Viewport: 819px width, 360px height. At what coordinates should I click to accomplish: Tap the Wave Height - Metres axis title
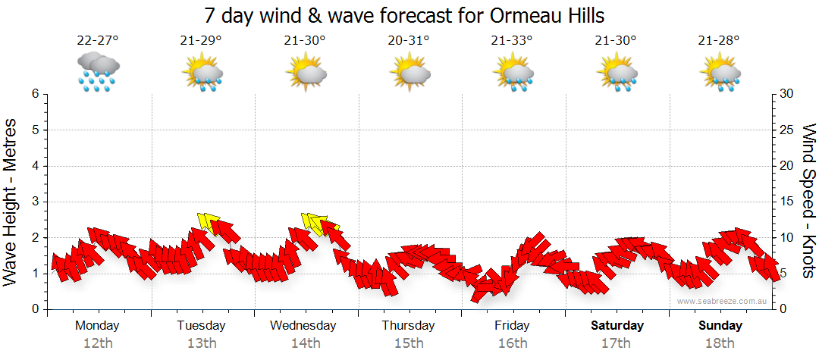pos(11,202)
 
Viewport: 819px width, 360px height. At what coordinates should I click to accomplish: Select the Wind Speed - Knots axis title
pos(808,202)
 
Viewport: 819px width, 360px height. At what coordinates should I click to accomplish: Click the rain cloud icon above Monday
pos(98,72)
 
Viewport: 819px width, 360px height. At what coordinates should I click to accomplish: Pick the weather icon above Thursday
pos(409,73)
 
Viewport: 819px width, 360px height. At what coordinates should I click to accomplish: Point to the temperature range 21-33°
pos(513,41)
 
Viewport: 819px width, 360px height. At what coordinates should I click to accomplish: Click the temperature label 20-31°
pos(409,41)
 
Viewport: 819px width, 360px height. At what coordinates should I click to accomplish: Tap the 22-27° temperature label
pos(98,41)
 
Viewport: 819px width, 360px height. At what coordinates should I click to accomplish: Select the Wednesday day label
pos(303,326)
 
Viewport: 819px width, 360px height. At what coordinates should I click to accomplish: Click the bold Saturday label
pos(617,326)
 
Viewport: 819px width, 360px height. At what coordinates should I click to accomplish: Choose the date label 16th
pos(513,343)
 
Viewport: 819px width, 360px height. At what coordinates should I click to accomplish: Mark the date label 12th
pos(98,343)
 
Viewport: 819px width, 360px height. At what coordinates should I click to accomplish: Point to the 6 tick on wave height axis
pos(35,94)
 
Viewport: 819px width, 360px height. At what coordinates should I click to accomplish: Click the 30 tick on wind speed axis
pos(787,94)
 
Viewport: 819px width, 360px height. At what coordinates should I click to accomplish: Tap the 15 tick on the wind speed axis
pos(787,202)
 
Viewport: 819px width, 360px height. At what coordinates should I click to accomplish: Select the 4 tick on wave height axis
pos(35,166)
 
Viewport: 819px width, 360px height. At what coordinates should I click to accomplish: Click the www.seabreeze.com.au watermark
pos(723,301)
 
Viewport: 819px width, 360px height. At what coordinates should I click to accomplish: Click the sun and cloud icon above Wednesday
pos(306,73)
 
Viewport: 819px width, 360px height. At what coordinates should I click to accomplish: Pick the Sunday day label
pos(720,326)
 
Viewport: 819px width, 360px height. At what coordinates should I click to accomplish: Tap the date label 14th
pos(305,343)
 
